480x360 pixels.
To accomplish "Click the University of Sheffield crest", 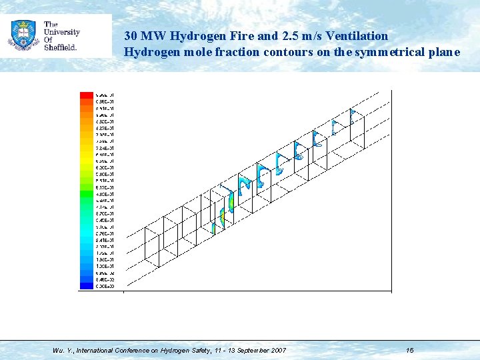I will coord(23,35).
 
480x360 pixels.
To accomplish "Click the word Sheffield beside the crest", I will coord(60,47).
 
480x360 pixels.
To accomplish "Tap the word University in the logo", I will coord(62,32).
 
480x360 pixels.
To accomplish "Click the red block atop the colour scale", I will coord(87,95).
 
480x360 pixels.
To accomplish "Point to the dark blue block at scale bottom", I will coord(87,286).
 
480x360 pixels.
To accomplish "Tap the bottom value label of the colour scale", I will coord(105,286).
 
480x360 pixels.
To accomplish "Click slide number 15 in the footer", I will coord(410,350).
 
